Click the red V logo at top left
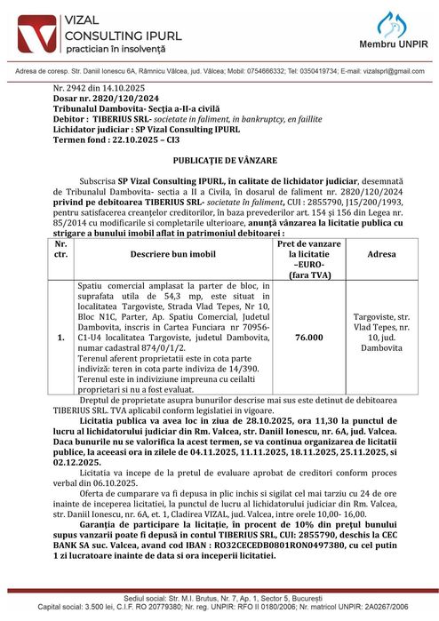tap(28, 31)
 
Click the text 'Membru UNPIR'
tap(394, 44)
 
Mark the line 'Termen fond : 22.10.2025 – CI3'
tap(116, 139)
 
